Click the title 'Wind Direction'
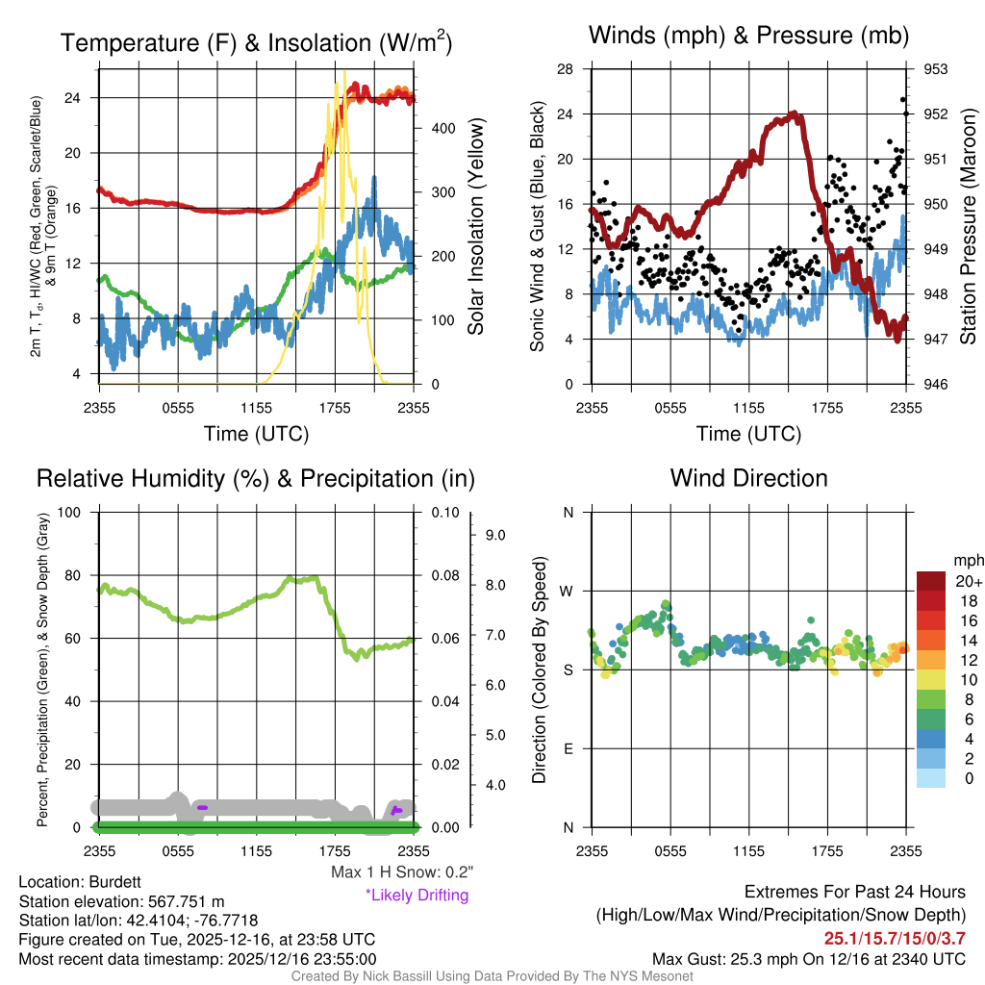pos(748,478)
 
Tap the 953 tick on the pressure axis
pos(937,69)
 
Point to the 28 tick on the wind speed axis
pos(565,69)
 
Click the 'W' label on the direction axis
pos(568,592)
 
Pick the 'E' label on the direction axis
pos(568,749)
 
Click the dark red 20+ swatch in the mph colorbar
pos(931,582)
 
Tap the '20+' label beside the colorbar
pos(968,582)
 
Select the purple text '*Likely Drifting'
pos(417,895)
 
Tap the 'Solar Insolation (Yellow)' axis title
pos(475,227)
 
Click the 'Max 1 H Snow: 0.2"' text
pos(402,872)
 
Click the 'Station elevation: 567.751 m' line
pos(121,901)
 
